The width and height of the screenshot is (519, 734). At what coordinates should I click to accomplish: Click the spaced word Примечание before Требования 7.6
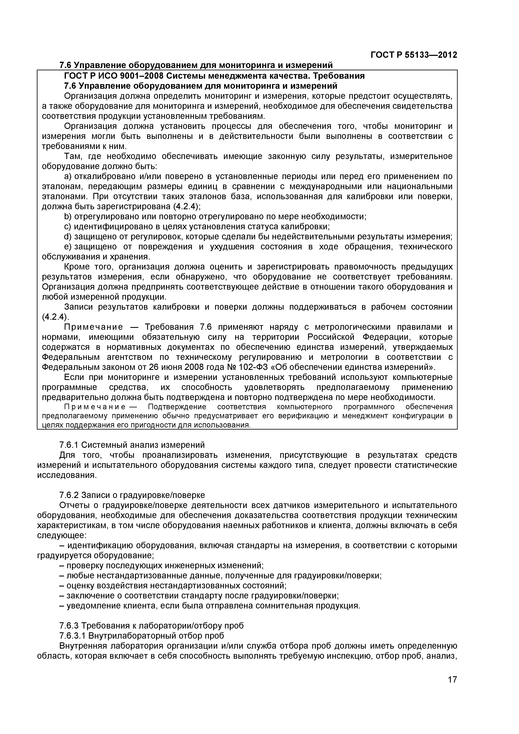click(x=93, y=327)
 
